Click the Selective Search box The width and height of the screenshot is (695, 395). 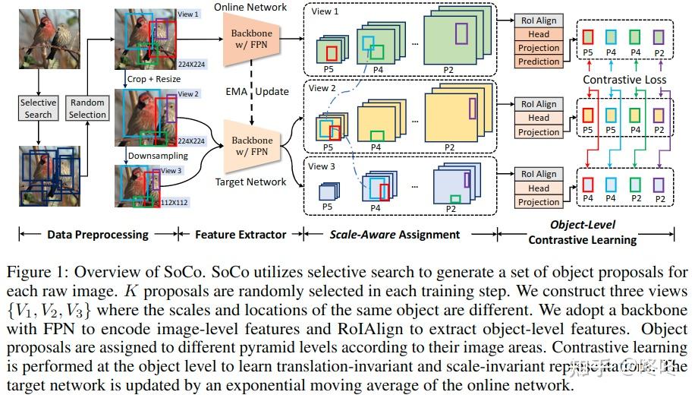pos(38,109)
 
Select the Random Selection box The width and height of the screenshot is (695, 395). pos(87,109)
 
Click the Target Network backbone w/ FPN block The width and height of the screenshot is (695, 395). pos(252,147)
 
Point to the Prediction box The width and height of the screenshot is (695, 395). pos(539,62)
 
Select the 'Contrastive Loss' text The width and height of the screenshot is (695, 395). pos(624,80)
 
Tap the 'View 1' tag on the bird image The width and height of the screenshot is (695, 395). pos(189,14)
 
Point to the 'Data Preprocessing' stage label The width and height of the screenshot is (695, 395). pos(98,234)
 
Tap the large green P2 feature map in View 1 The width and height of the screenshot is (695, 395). pos(452,36)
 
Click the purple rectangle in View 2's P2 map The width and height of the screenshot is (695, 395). pos(472,109)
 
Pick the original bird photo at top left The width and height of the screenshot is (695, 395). pos(38,35)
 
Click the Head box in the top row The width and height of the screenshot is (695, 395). pos(539,34)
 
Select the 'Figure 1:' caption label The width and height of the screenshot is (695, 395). pos(31,272)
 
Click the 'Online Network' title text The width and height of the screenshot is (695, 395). pos(250,7)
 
